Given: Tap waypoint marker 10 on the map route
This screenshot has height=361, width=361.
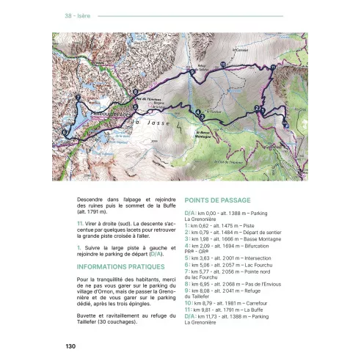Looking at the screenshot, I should point(223,65).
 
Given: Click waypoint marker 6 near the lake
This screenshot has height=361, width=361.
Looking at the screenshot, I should point(65,132).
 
